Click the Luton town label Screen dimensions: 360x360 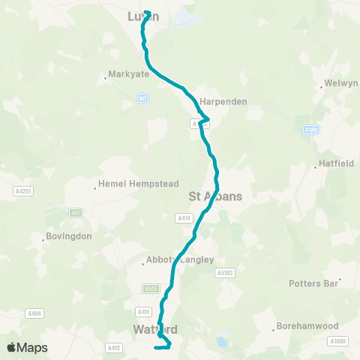click(x=143, y=16)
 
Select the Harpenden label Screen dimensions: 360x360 click(x=223, y=101)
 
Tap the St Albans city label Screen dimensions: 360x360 click(x=214, y=196)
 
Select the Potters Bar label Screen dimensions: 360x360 click(x=315, y=283)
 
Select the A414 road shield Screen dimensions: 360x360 click(x=183, y=218)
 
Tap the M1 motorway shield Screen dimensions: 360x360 click(x=142, y=97)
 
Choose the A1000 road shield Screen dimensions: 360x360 click(x=337, y=341)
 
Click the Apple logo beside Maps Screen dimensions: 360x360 click(x=12, y=347)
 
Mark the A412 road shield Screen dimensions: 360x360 click(x=114, y=347)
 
